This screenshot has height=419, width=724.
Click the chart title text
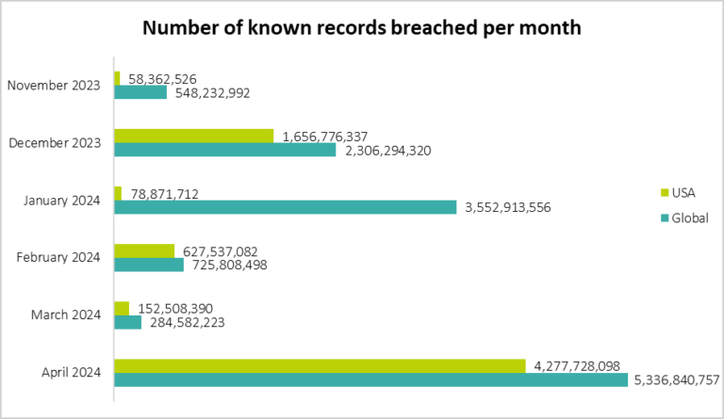(362, 27)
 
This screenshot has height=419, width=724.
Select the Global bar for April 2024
(370, 380)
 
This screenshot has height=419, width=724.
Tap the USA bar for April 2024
(320, 365)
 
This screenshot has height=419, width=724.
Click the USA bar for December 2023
(193, 136)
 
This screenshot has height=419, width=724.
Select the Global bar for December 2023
(224, 150)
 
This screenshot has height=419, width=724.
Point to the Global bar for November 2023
(140, 92)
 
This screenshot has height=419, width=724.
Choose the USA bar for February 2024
(144, 250)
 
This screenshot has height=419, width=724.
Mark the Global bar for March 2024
(127, 322)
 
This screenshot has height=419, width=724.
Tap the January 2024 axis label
(58, 200)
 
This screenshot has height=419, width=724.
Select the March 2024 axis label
(63, 314)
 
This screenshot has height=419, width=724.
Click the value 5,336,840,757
(676, 380)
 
